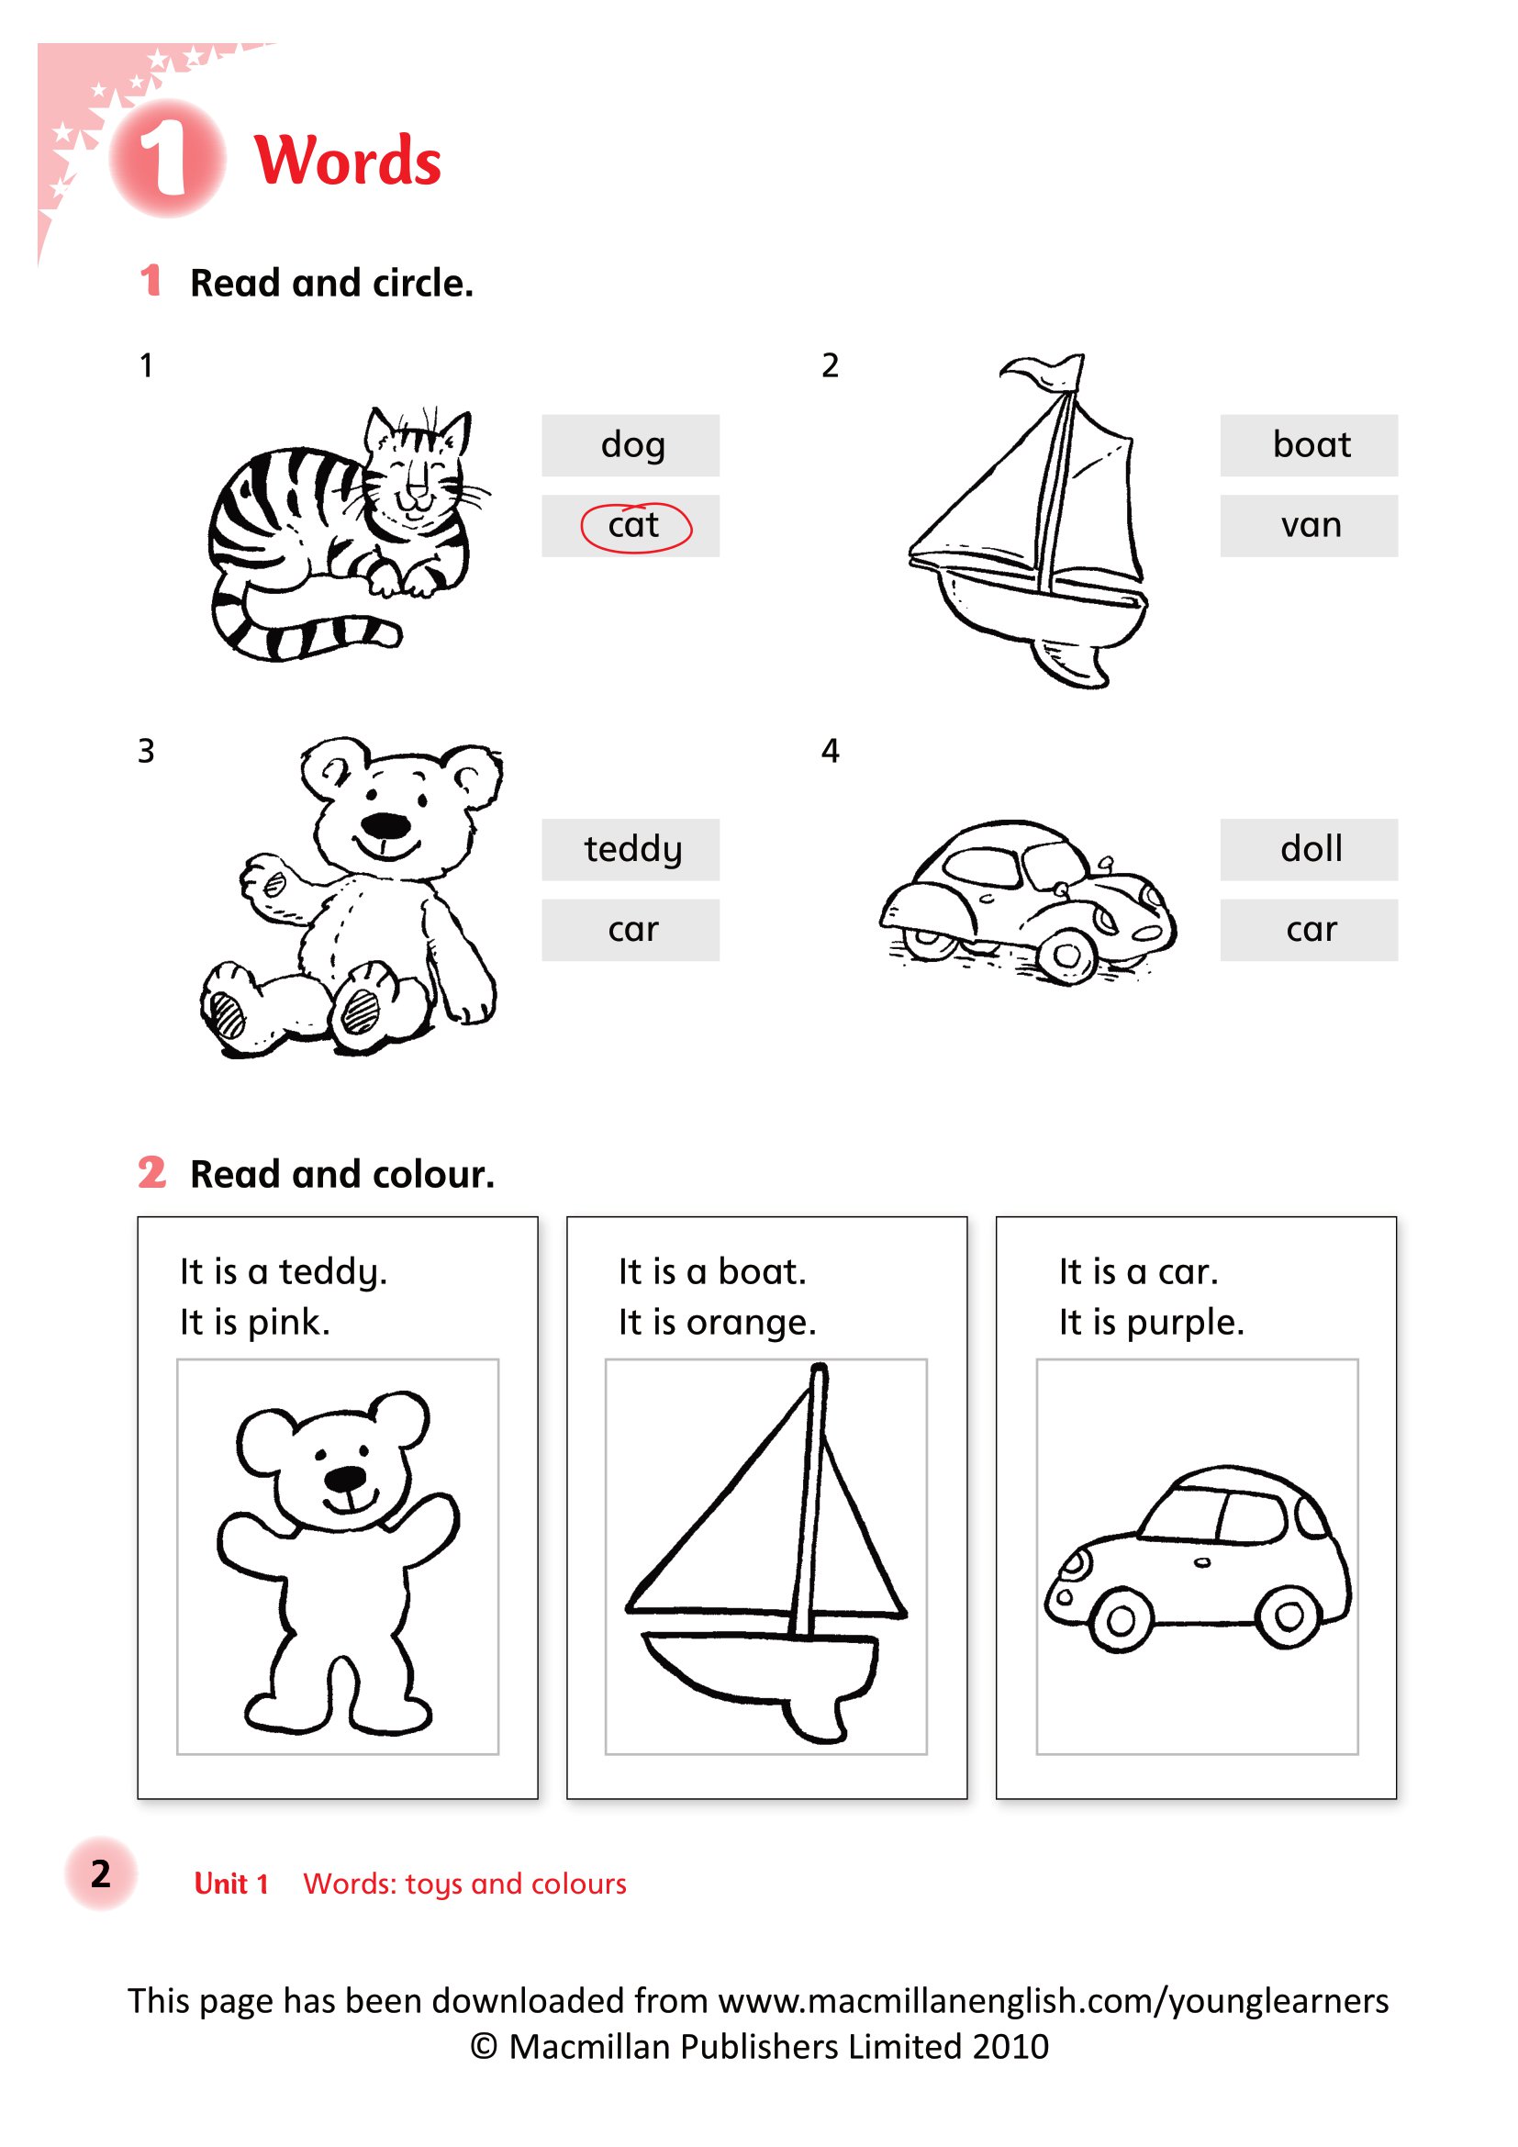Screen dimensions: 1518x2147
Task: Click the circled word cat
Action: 634,526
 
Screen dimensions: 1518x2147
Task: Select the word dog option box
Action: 630,445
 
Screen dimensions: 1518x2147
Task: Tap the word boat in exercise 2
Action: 1311,444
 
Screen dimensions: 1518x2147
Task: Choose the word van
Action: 1311,526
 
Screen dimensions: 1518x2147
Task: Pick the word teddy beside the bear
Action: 633,849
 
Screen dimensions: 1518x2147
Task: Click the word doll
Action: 1311,848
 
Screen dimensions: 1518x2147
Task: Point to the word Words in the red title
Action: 347,161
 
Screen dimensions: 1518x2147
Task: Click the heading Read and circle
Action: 332,283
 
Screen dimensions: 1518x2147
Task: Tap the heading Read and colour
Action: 342,1174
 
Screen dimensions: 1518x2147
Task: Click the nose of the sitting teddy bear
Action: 385,826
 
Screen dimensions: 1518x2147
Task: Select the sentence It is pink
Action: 255,1322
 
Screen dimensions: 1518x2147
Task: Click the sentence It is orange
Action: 717,1322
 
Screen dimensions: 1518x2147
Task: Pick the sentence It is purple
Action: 1151,1322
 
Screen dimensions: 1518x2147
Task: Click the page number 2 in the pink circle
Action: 100,1874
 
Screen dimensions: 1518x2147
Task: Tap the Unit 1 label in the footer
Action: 231,1884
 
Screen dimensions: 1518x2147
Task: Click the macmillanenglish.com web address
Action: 1054,2001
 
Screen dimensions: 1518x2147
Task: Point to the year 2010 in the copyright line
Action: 1010,2047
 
